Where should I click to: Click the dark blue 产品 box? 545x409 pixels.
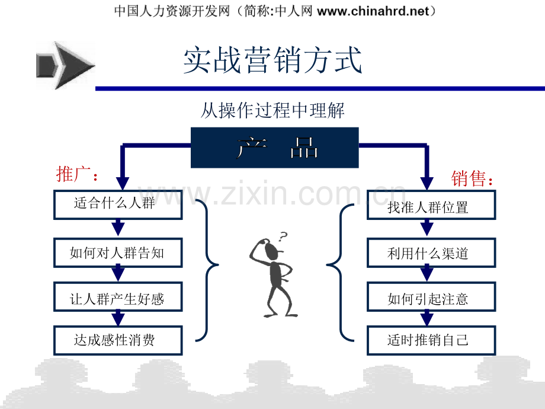(x=275, y=148)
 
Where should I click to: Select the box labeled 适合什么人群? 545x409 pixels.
(x=118, y=204)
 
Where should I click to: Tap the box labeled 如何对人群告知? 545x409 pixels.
(x=118, y=253)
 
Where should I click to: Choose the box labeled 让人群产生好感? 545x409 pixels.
(x=118, y=296)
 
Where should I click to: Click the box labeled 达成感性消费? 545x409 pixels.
(x=118, y=340)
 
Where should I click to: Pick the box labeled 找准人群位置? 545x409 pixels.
(x=431, y=204)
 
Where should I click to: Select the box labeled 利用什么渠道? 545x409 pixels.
(x=431, y=253)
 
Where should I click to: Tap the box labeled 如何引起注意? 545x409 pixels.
(x=431, y=296)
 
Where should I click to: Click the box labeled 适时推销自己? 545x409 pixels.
(x=431, y=340)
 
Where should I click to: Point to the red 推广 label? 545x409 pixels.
(x=77, y=174)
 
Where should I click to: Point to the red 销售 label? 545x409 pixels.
(x=472, y=179)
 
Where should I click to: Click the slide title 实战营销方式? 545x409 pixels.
(x=272, y=60)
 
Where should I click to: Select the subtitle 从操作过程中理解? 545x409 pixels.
(x=272, y=111)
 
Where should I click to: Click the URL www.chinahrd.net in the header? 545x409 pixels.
(x=373, y=11)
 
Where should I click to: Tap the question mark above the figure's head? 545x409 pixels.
(x=283, y=237)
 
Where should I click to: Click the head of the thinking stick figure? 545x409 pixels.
(x=271, y=250)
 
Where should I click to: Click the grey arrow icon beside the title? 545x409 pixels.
(x=65, y=65)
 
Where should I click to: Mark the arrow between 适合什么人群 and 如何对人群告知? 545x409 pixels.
(x=118, y=228)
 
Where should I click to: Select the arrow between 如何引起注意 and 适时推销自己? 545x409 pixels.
(x=427, y=318)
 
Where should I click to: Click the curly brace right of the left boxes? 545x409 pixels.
(x=207, y=266)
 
